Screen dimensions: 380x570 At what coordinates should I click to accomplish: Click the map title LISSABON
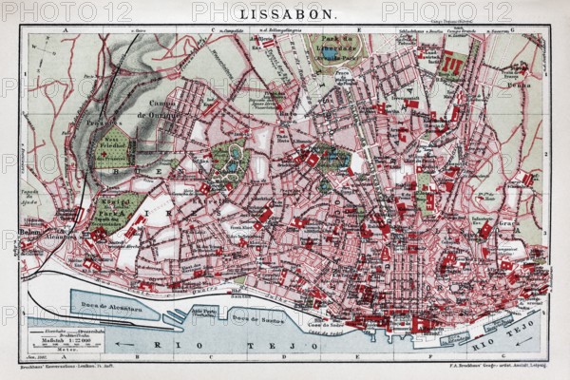(285, 16)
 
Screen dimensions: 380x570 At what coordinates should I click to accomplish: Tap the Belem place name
(30, 229)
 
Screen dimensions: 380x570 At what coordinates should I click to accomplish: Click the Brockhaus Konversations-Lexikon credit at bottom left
(66, 365)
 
